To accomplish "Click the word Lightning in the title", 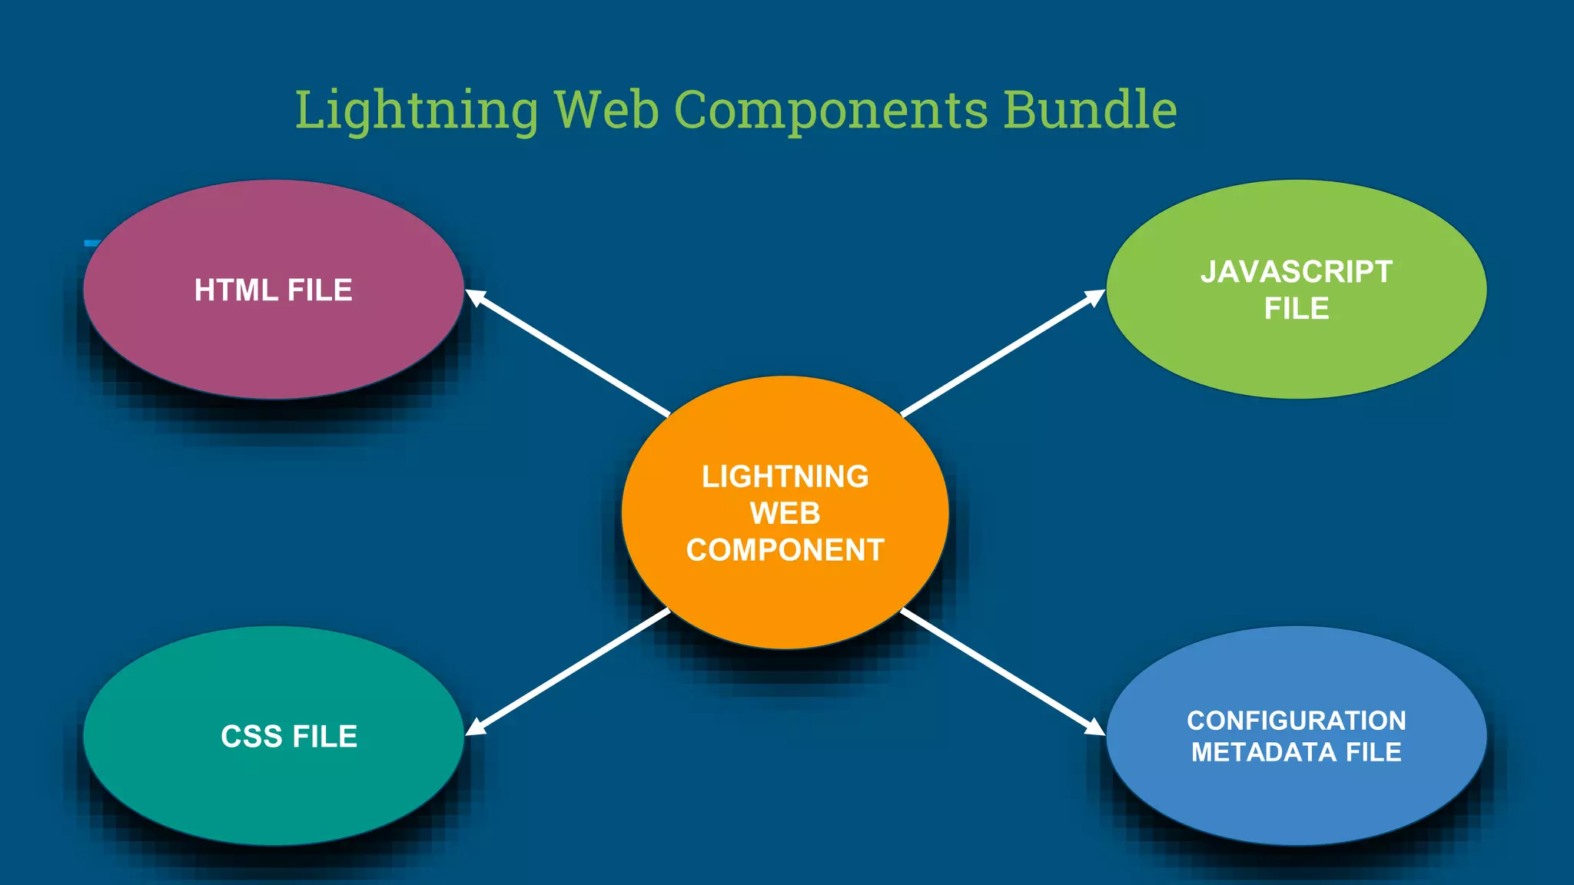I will click(x=417, y=110).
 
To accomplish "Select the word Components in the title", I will click(x=831, y=110).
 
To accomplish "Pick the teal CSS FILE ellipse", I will click(x=273, y=791).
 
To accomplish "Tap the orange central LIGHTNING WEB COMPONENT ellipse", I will click(x=785, y=599).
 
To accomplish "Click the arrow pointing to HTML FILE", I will click(x=569, y=353).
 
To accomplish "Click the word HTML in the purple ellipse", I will click(x=236, y=290).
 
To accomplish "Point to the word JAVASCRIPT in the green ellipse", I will click(x=1296, y=272).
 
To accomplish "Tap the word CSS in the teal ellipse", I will click(x=251, y=737).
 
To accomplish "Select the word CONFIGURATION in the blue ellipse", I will click(x=1296, y=721).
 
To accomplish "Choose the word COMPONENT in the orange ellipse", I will click(x=785, y=550).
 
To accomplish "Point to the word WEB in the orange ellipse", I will click(x=785, y=513).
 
